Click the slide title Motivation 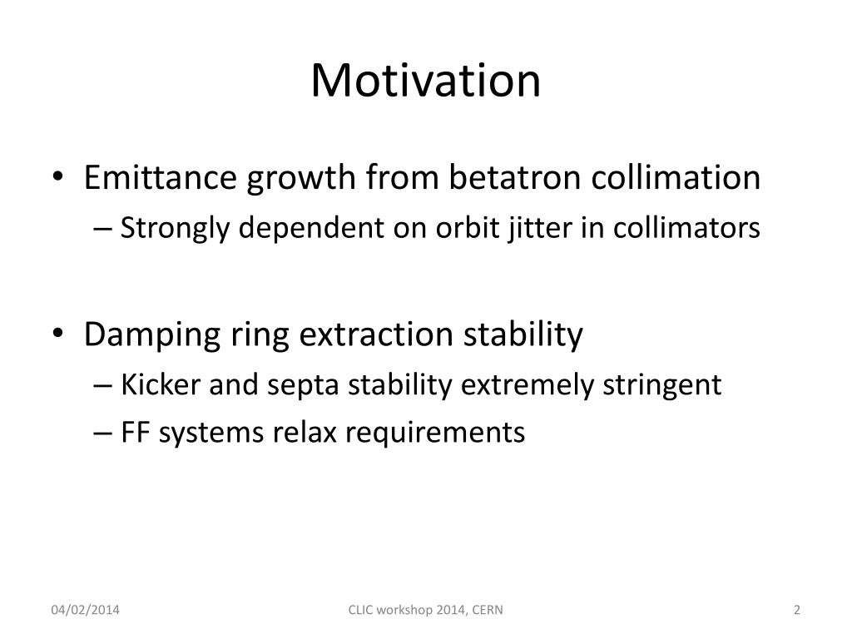(425, 81)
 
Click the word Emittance (161, 177)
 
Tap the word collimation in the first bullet (676, 177)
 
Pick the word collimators (686, 227)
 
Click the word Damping (152, 334)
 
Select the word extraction (376, 334)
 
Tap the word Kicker (161, 384)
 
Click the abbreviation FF (135, 433)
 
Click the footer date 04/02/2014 (86, 610)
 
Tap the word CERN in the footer (488, 610)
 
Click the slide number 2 (797, 610)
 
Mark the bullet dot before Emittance (57, 176)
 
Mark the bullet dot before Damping (57, 332)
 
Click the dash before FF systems (102, 434)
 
